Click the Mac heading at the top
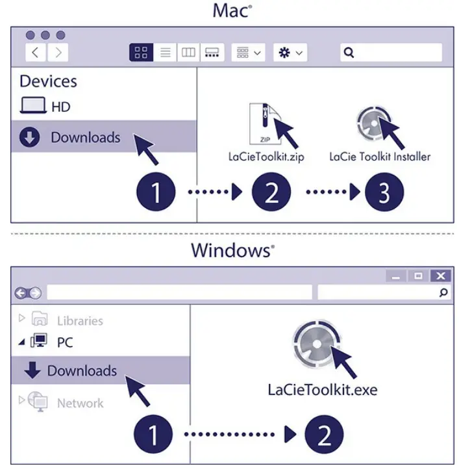[230, 11]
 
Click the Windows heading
[230, 250]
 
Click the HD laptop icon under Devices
[32, 106]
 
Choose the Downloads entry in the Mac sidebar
[85, 138]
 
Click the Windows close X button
[441, 276]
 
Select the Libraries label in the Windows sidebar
[80, 320]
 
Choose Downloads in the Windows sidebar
[82, 371]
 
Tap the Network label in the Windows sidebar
[80, 403]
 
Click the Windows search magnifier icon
[443, 293]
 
